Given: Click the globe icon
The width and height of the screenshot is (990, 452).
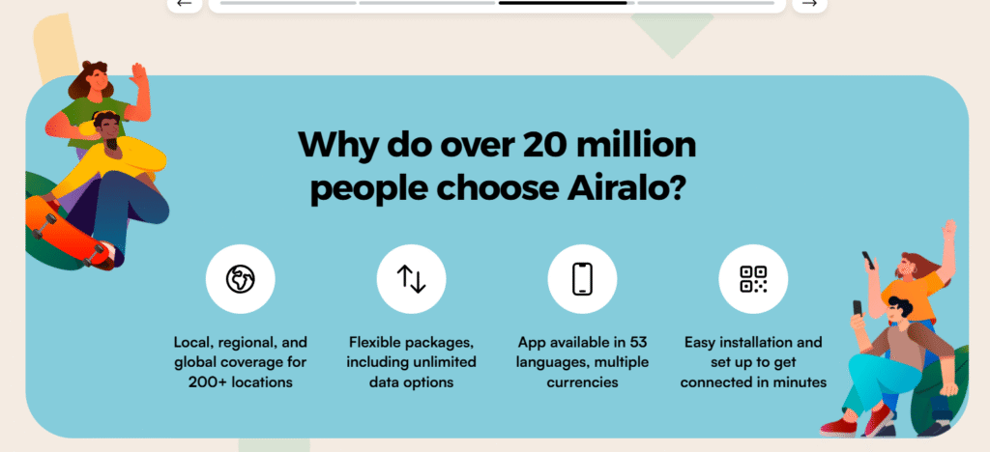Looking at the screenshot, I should [240, 279].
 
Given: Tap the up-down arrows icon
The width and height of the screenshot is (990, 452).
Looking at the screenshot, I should [411, 279].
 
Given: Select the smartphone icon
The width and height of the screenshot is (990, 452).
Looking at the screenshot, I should [582, 279].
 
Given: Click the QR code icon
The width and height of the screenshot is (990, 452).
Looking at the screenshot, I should [753, 279].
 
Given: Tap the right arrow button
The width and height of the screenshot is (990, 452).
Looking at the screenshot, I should [809, 4].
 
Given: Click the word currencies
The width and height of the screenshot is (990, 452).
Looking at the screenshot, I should [582, 382].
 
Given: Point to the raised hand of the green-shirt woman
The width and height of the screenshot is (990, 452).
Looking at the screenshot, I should [138, 77].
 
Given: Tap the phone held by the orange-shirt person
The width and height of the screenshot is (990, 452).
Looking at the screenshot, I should [867, 260].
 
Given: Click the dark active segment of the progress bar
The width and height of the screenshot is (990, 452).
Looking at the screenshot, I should [565, 3].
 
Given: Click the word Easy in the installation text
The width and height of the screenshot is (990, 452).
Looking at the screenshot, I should [702, 342].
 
